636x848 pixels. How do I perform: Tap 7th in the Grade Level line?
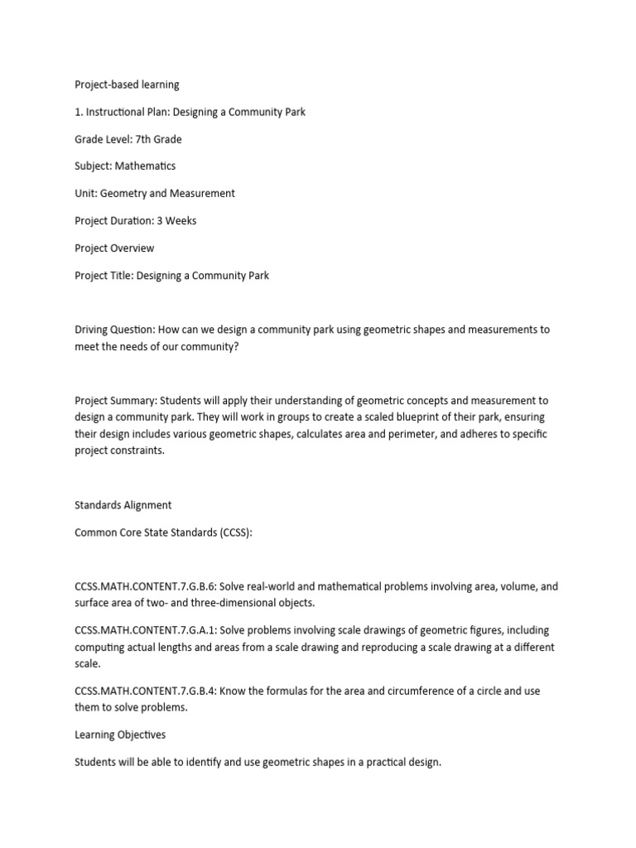[145, 139]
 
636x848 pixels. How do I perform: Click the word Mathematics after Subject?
[145, 166]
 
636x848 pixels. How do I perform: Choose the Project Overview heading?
[114, 248]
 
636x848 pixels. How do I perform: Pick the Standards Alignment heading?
[123, 505]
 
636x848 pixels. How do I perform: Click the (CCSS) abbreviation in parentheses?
[235, 532]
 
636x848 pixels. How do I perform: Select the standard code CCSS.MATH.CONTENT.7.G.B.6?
[145, 586]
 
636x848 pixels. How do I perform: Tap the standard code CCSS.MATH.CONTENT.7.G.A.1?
[145, 630]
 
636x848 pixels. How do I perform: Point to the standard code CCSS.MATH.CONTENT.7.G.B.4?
[145, 691]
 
